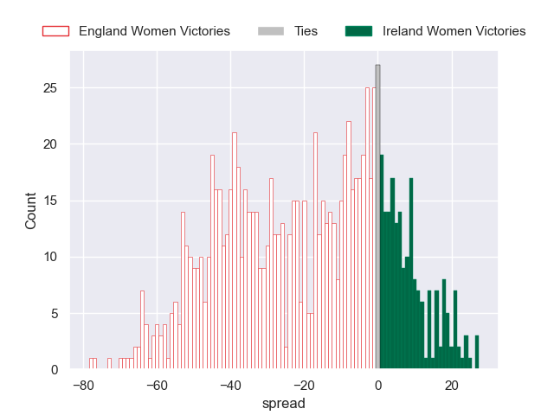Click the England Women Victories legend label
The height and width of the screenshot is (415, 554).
click(154, 31)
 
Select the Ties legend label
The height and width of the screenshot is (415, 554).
click(306, 31)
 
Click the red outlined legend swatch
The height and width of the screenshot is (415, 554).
click(55, 31)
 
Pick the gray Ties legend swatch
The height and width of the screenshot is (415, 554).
click(270, 31)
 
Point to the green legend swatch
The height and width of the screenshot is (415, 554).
click(358, 31)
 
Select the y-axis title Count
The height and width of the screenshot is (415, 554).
click(31, 210)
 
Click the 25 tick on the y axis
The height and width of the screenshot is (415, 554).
click(52, 88)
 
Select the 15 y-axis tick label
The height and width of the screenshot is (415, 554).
click(52, 201)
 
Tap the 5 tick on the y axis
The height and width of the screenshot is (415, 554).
click(55, 314)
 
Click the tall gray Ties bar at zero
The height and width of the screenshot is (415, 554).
click(377, 216)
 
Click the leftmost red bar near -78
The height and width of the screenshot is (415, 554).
click(91, 364)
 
